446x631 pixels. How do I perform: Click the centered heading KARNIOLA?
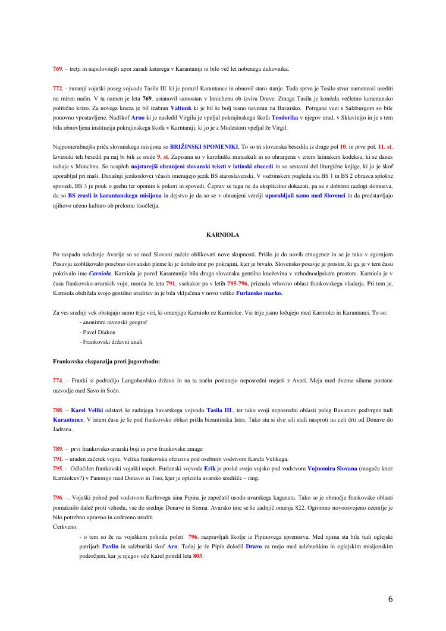(x=222, y=235)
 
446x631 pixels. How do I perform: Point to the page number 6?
(x=390, y=599)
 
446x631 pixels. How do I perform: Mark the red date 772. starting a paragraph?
(x=58, y=88)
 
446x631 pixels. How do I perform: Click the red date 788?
(x=58, y=410)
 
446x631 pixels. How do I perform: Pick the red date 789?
(x=58, y=449)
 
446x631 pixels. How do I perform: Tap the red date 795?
(x=58, y=468)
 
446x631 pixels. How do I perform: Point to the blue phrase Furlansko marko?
(x=259, y=293)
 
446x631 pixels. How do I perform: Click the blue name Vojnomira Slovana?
(x=332, y=468)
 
